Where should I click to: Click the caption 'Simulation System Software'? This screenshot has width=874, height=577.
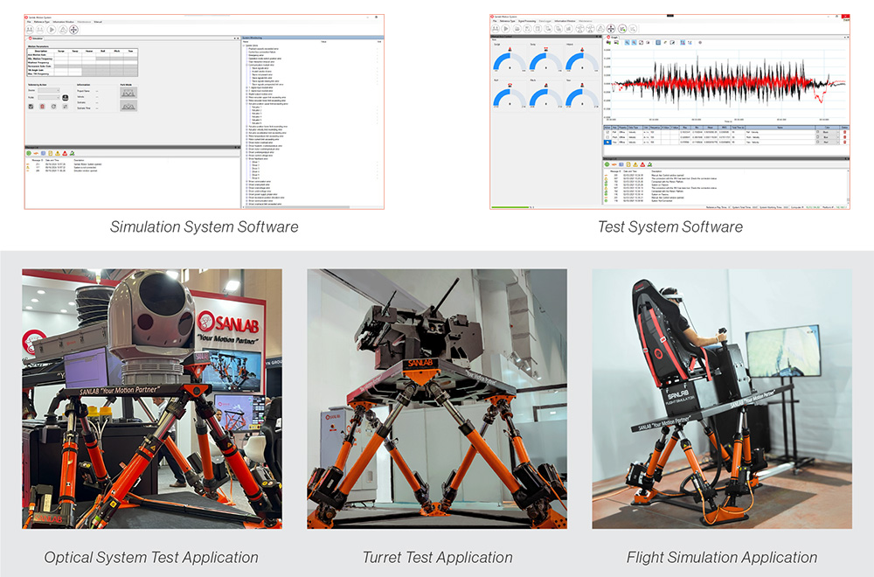click(x=204, y=226)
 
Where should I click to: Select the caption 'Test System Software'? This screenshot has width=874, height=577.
click(x=669, y=226)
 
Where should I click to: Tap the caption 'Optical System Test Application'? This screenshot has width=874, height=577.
click(x=151, y=557)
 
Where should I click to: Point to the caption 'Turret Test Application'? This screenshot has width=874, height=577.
click(x=437, y=557)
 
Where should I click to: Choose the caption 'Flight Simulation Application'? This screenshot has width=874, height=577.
click(x=722, y=557)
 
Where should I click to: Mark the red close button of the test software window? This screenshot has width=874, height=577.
click(x=844, y=17)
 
